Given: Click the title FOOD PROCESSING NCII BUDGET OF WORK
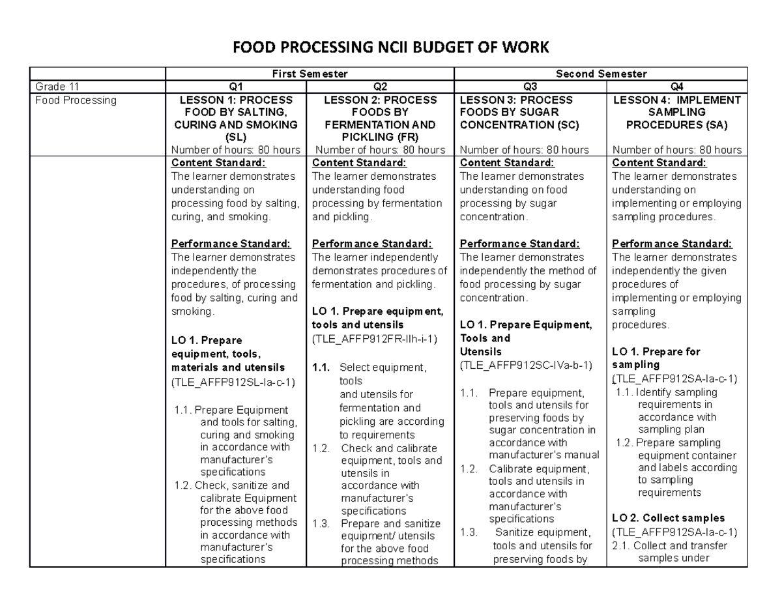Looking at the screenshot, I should click(391, 47).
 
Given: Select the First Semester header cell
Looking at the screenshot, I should click(310, 74).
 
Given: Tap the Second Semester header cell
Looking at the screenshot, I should click(601, 74).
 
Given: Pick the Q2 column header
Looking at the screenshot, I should click(380, 87).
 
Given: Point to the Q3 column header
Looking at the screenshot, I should click(530, 87).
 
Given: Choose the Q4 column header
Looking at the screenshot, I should click(676, 87).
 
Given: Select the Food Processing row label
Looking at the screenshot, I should click(76, 100).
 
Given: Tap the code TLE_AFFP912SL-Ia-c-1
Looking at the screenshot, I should click(233, 382).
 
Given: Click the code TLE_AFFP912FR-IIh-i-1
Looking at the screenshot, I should click(375, 339).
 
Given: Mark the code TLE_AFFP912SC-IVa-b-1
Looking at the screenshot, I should click(526, 366).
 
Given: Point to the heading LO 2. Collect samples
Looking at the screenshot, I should click(669, 519).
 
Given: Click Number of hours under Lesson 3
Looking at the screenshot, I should click(524, 150).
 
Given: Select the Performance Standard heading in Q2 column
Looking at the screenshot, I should click(372, 244).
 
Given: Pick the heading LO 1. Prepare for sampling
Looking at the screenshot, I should click(656, 358).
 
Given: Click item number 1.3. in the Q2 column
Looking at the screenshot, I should click(322, 524).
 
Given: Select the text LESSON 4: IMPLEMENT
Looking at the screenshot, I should click(676, 100).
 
